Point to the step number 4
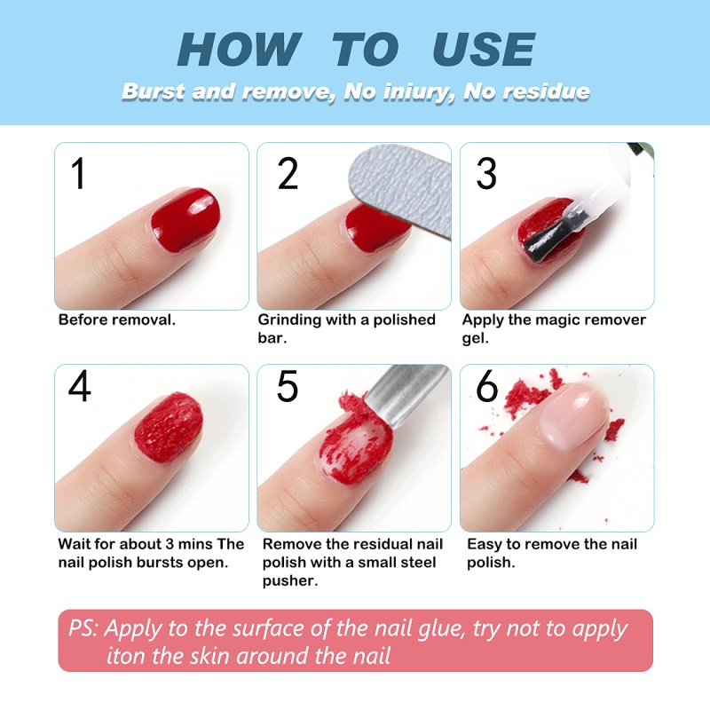pos(80,386)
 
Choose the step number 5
pos(288,386)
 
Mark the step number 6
pos(486,386)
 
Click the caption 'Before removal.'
pos(116,319)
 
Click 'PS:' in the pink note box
pos(85,628)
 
